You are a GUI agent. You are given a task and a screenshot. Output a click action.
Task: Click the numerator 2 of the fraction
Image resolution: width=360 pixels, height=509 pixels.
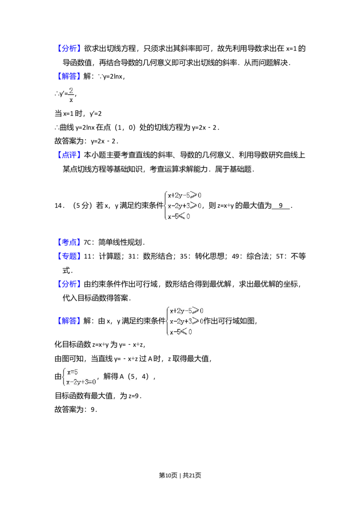click(71, 91)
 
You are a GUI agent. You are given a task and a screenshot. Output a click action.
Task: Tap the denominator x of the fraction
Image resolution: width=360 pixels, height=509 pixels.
click(71, 100)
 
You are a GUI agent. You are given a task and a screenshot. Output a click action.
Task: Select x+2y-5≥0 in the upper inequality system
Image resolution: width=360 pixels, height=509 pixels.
click(184, 196)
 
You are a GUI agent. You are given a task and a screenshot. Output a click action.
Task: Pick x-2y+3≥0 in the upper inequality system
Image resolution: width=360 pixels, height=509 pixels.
click(184, 206)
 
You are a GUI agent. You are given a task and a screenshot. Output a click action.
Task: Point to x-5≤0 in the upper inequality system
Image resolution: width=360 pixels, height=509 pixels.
click(179, 216)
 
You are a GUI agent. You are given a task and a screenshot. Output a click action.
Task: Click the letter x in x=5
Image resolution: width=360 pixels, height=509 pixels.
click(69, 372)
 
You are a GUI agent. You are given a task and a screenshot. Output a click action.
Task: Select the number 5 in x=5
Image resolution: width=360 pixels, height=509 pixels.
click(76, 372)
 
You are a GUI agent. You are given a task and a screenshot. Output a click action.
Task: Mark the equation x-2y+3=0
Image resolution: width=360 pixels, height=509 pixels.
click(81, 382)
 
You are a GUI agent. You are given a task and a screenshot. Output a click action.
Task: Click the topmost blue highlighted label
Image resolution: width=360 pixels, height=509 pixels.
click(70, 49)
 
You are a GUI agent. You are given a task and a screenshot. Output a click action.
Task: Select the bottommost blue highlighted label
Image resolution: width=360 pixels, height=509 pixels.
click(70, 321)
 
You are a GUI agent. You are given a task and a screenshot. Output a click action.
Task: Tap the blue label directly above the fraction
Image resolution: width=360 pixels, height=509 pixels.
click(70, 77)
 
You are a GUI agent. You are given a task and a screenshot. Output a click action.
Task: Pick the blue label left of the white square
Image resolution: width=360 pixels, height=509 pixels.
click(70, 243)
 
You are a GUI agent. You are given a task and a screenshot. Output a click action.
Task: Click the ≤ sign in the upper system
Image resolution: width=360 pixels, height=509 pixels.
click(182, 216)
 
